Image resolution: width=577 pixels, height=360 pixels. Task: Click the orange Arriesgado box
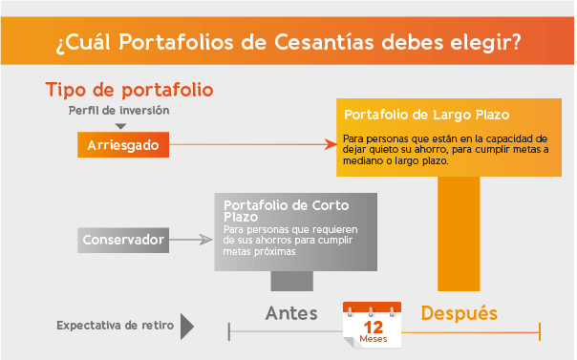click(x=122, y=145)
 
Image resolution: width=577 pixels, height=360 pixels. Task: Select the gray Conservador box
click(x=124, y=239)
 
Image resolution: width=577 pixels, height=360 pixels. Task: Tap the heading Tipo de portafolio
click(x=129, y=90)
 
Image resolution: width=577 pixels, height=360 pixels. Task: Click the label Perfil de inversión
click(x=118, y=110)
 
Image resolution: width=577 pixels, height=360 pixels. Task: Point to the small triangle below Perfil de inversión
click(x=119, y=125)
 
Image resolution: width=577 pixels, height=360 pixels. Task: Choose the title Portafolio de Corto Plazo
click(x=269, y=211)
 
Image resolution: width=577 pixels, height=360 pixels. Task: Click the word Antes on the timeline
click(x=291, y=313)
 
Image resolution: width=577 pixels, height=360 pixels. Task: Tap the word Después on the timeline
click(x=459, y=313)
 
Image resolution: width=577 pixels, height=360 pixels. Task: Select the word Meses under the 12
click(x=373, y=340)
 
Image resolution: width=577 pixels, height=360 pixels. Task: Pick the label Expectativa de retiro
click(x=115, y=326)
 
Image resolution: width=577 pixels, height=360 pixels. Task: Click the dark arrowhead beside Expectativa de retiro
click(x=187, y=327)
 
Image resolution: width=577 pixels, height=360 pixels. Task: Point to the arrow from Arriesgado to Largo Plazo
click(x=253, y=145)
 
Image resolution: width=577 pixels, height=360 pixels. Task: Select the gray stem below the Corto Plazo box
click(x=291, y=281)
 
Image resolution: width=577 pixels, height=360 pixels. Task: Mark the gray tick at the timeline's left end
click(x=229, y=331)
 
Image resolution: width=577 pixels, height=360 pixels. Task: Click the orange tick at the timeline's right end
click(x=540, y=331)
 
